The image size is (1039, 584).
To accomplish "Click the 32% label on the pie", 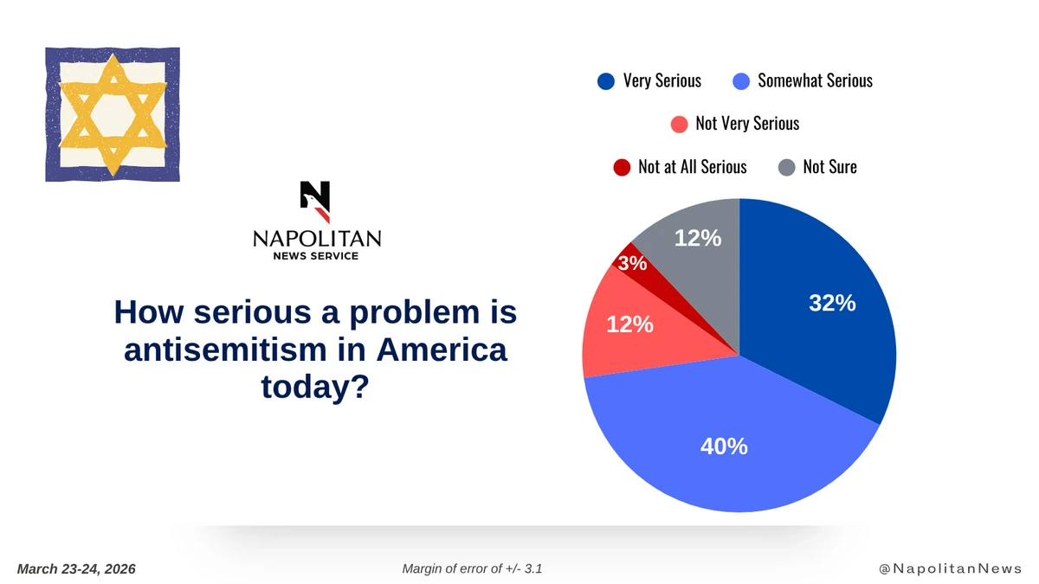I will coord(832,304).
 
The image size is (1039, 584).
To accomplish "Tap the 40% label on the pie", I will coord(724,446).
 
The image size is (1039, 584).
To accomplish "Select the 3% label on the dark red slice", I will coord(633,264).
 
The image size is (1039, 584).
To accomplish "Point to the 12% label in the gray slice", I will coord(698,237).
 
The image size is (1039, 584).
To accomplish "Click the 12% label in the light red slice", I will coord(629,324).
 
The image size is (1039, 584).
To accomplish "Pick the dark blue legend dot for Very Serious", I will coord(606,81).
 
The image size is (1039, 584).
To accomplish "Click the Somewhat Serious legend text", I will coord(815,81).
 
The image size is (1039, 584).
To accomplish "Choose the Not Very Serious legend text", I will coord(747,124).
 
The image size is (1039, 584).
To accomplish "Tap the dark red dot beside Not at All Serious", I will coord(622,167).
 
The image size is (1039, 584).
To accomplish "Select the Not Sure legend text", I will coord(829,167).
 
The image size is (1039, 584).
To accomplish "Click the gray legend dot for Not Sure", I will coord(786,167).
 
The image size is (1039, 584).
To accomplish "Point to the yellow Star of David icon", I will coord(113,114).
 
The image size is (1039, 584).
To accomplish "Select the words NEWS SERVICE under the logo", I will coord(316,256).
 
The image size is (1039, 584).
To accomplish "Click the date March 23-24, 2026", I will coord(76,568).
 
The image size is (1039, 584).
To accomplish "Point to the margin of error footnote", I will coord(473,568).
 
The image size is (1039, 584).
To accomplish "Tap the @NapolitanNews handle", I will coord(950,568).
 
